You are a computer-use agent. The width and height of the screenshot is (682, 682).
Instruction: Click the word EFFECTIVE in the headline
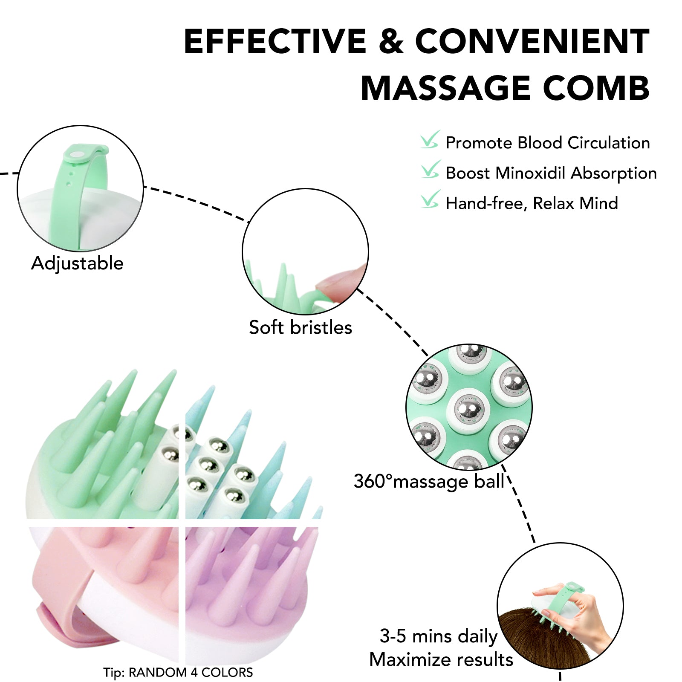tap(275, 41)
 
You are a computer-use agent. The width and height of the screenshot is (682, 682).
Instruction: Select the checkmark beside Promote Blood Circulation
tap(430, 140)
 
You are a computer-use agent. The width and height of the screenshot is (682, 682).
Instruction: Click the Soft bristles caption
tap(301, 327)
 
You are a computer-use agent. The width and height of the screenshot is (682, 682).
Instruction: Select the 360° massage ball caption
tap(429, 482)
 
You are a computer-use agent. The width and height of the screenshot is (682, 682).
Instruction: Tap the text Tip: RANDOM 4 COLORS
tap(178, 672)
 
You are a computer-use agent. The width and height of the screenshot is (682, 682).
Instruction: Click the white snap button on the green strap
tap(77, 156)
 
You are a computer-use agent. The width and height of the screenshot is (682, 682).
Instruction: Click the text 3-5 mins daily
tap(439, 636)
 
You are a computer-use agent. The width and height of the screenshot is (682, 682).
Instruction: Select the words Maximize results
tap(441, 659)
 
